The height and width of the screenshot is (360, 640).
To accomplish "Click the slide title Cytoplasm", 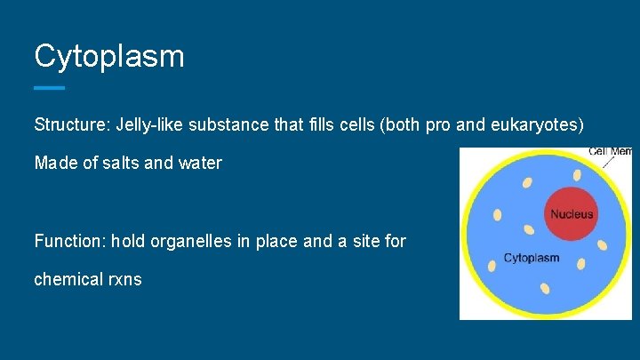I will click(108, 56).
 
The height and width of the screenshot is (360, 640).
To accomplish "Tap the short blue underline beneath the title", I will click(49, 88).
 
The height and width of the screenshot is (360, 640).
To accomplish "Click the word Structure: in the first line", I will click(70, 125).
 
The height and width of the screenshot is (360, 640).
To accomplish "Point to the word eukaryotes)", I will click(537, 125).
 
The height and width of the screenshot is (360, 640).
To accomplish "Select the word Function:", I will click(68, 241).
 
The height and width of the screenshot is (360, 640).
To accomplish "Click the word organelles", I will click(181, 241).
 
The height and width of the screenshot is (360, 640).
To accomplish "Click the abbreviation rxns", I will click(124, 279).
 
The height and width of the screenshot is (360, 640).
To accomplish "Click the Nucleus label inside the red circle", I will click(572, 214).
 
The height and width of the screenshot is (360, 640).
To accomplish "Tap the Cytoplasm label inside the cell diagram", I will click(532, 259).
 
